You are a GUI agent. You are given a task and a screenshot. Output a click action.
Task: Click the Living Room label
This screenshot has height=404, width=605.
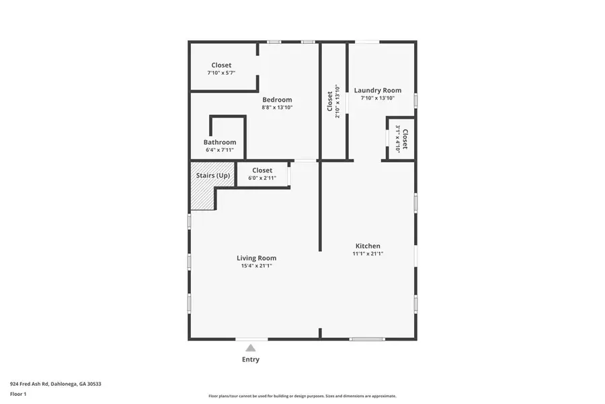click(x=256, y=258)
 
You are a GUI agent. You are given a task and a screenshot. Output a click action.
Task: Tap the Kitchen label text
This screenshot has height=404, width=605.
click(x=368, y=246)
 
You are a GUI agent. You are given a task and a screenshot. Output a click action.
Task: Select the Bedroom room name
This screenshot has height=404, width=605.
click(x=277, y=100)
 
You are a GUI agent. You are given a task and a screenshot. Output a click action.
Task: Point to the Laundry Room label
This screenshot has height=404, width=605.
click(x=377, y=90)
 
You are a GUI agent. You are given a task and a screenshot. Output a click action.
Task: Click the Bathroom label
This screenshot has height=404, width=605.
click(x=220, y=142)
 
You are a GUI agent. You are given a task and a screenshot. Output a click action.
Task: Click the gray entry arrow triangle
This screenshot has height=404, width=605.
click(x=250, y=347)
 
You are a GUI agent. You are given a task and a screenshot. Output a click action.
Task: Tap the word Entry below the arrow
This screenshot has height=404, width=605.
click(x=250, y=360)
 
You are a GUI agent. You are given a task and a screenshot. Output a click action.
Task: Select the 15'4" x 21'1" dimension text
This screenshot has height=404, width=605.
click(x=256, y=266)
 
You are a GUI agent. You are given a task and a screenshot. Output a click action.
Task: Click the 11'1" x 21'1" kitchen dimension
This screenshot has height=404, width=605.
click(x=368, y=254)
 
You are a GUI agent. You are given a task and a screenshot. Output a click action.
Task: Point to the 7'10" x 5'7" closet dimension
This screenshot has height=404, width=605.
click(x=221, y=73)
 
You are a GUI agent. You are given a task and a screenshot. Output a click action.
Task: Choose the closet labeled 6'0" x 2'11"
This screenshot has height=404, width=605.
click(x=262, y=174)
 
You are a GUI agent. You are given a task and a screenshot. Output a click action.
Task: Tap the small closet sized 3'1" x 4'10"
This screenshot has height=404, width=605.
click(x=401, y=139)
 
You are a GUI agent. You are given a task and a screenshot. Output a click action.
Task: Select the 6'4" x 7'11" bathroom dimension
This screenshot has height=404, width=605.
click(x=220, y=149)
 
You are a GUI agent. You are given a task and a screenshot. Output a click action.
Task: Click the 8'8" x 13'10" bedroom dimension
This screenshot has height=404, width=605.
click(x=277, y=107)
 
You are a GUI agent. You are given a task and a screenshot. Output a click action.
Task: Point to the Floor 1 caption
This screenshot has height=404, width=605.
click(x=19, y=393)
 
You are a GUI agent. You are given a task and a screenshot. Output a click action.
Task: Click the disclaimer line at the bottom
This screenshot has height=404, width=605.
click(x=302, y=396)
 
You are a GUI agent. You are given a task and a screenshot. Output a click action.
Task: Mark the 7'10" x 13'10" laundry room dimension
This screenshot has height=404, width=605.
click(x=377, y=98)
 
